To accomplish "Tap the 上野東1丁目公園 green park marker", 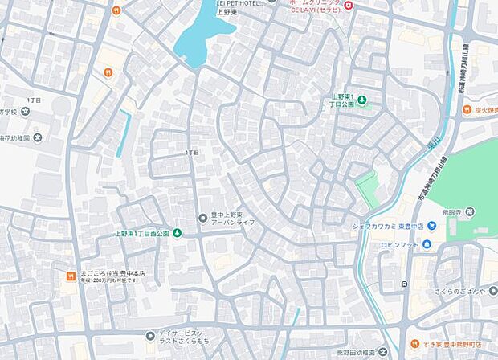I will coord(361,100).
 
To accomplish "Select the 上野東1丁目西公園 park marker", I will coord(177,233).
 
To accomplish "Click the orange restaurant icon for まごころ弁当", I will coord(70,277).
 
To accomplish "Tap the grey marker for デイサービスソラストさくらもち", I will coord(150,335).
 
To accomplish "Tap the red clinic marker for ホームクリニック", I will coord(348,6).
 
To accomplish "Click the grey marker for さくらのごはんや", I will coord(492,291).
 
